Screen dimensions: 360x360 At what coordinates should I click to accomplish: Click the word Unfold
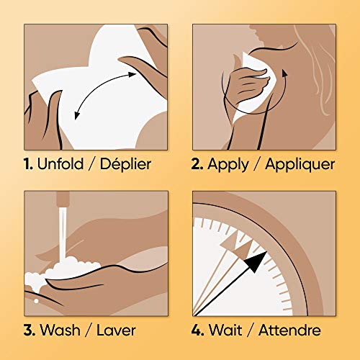tap(60, 164)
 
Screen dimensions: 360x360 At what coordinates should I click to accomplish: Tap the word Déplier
tap(125, 163)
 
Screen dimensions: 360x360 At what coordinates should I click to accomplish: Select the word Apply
tap(228, 165)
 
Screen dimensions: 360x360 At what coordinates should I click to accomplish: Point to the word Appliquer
tap(300, 165)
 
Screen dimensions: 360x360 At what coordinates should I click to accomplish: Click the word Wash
tap(60, 330)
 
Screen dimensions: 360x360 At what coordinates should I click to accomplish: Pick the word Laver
tap(116, 330)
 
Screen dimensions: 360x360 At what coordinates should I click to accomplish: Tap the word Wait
tap(225, 330)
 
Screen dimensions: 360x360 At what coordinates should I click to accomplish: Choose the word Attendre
tap(289, 330)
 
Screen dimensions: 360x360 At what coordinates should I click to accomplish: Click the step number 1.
tap(28, 164)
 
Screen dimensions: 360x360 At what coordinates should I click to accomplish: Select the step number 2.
tap(197, 164)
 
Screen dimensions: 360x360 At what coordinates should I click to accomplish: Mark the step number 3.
tap(30, 330)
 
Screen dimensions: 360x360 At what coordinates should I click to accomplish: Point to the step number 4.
tap(198, 330)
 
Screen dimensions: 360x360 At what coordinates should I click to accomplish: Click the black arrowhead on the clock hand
tap(256, 261)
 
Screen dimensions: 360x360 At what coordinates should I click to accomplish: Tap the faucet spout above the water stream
tap(63, 199)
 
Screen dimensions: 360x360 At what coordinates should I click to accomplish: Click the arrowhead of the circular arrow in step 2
tap(284, 73)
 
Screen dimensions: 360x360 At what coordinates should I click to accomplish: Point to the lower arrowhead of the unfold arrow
tap(77, 116)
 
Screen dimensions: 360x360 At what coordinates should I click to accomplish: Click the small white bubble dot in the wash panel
tap(36, 301)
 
